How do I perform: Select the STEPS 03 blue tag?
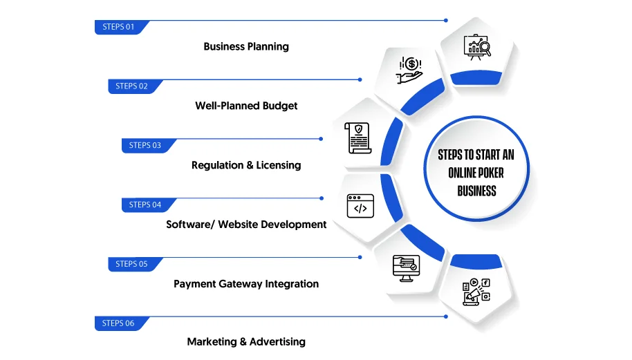tap(147, 145)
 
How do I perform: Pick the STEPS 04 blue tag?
tap(147, 205)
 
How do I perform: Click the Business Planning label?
tap(246, 47)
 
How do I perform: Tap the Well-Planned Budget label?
tap(246, 106)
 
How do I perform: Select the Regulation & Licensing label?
tap(246, 165)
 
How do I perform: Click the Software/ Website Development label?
tap(246, 225)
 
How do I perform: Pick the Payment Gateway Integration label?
tap(246, 284)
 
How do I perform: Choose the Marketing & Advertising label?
tap(246, 342)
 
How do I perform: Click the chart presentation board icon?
tap(477, 47)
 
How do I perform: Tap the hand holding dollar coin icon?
tap(409, 70)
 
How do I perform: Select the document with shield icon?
tap(358, 138)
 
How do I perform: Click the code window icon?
tap(360, 206)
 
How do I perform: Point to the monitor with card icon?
tap(407, 268)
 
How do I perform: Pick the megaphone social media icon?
tap(476, 292)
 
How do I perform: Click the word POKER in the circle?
tap(490, 173)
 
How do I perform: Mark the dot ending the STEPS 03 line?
tap(321, 139)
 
